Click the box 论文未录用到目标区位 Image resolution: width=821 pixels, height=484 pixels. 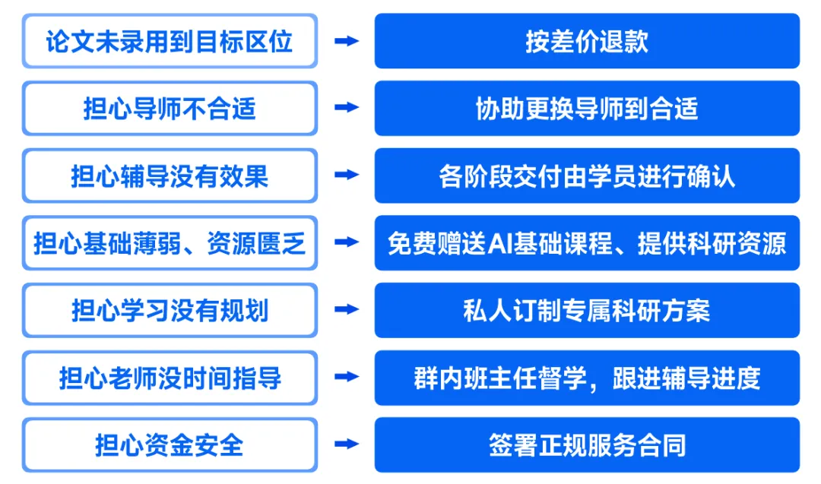(x=169, y=41)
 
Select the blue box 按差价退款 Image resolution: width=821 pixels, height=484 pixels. (x=587, y=41)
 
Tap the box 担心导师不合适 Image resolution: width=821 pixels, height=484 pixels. (x=169, y=109)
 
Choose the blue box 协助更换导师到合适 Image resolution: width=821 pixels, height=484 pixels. (x=587, y=109)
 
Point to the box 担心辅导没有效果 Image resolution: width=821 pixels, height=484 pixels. (x=169, y=176)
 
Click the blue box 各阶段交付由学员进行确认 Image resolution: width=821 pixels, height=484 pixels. (x=587, y=176)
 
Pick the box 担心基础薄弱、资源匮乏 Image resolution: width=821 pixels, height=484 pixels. (x=169, y=243)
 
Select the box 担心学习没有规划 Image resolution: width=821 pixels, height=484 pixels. (x=169, y=310)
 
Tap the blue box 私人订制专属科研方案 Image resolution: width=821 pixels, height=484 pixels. (x=587, y=310)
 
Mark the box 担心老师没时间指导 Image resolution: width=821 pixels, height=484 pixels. (x=169, y=378)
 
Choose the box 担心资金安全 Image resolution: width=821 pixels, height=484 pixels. (x=169, y=444)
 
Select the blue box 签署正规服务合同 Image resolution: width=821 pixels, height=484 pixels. (x=587, y=444)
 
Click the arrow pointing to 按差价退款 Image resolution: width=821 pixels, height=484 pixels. (x=346, y=41)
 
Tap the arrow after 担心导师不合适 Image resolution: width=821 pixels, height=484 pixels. (x=346, y=109)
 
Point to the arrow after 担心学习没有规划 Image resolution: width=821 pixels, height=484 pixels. (x=346, y=310)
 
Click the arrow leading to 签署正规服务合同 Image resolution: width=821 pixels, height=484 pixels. (x=346, y=444)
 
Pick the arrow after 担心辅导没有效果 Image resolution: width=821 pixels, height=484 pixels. (x=346, y=176)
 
